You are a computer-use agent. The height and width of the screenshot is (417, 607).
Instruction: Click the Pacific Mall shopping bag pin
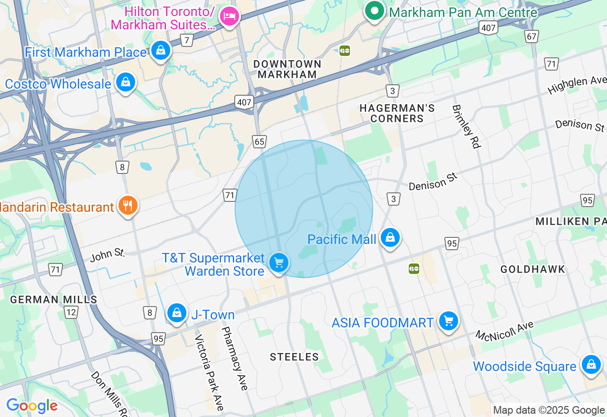tap(390, 237)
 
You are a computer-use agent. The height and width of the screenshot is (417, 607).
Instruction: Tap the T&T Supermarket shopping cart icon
tap(279, 262)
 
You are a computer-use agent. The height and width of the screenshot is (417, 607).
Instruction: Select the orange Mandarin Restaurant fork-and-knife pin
tap(127, 205)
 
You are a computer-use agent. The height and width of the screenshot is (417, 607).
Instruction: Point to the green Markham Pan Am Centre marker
tap(375, 10)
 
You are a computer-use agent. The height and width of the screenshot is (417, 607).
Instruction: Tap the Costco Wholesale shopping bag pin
tap(126, 82)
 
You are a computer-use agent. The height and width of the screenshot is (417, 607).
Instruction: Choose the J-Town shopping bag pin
tap(176, 313)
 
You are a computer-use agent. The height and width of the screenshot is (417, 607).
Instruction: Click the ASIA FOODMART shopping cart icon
tap(448, 321)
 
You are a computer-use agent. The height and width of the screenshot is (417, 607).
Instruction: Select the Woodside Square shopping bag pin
tap(591, 364)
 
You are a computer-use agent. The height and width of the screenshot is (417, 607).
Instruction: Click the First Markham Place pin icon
tap(161, 50)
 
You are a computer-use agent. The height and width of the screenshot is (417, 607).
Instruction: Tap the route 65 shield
tap(259, 142)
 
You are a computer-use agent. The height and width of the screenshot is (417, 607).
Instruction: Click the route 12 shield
tap(71, 312)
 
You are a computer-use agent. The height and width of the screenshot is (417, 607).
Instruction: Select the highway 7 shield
tap(187, 40)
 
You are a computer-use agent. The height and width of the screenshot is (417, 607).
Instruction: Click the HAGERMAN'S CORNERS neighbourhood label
tap(397, 113)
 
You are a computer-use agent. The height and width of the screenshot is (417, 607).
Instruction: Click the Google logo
tap(32, 406)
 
